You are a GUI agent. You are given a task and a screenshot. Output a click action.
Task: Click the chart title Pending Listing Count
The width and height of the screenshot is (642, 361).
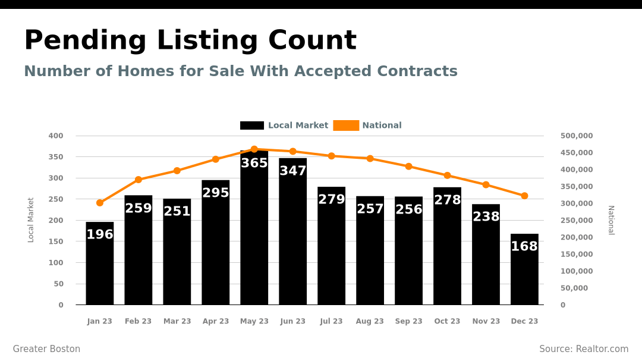[x=190, y=41]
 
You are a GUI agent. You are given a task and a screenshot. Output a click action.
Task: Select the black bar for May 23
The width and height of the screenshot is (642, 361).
[x=254, y=238]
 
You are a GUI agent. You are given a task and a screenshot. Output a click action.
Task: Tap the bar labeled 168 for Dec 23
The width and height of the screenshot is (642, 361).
[x=524, y=274]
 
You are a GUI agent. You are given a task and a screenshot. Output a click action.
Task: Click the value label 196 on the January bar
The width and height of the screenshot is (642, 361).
[x=100, y=235]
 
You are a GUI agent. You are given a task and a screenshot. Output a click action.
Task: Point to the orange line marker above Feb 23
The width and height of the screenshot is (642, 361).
[x=139, y=180]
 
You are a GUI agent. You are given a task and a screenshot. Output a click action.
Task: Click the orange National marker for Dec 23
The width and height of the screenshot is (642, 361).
[x=524, y=196]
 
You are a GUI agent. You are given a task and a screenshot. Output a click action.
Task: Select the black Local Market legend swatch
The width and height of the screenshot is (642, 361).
[x=252, y=125]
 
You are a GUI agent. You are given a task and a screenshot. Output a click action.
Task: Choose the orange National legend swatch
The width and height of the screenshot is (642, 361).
[x=346, y=125]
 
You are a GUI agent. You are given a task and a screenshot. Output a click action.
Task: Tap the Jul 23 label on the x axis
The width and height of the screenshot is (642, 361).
[x=331, y=321]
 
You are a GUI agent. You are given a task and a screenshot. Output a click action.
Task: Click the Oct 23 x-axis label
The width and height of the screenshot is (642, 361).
[x=447, y=321]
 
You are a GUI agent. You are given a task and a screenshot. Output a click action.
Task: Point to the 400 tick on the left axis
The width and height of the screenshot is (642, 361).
[x=56, y=136]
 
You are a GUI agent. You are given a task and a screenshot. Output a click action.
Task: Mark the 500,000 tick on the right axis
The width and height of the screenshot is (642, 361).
[x=577, y=136]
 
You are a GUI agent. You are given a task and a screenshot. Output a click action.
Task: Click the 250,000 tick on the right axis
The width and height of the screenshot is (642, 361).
[x=577, y=220]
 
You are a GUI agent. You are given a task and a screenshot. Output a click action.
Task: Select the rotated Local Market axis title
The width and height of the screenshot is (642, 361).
[x=31, y=220]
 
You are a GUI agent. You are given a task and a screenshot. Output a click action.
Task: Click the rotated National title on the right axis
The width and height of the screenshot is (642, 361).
[x=610, y=220]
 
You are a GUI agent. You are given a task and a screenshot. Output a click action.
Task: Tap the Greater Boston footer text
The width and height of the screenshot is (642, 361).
[x=46, y=349]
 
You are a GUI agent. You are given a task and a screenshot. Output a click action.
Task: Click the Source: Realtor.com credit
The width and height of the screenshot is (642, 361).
[x=584, y=349]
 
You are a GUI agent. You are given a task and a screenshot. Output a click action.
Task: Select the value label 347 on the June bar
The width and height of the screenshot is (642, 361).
[x=292, y=171]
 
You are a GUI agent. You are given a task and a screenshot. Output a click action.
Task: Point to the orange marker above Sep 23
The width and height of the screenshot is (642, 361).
[x=408, y=167]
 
